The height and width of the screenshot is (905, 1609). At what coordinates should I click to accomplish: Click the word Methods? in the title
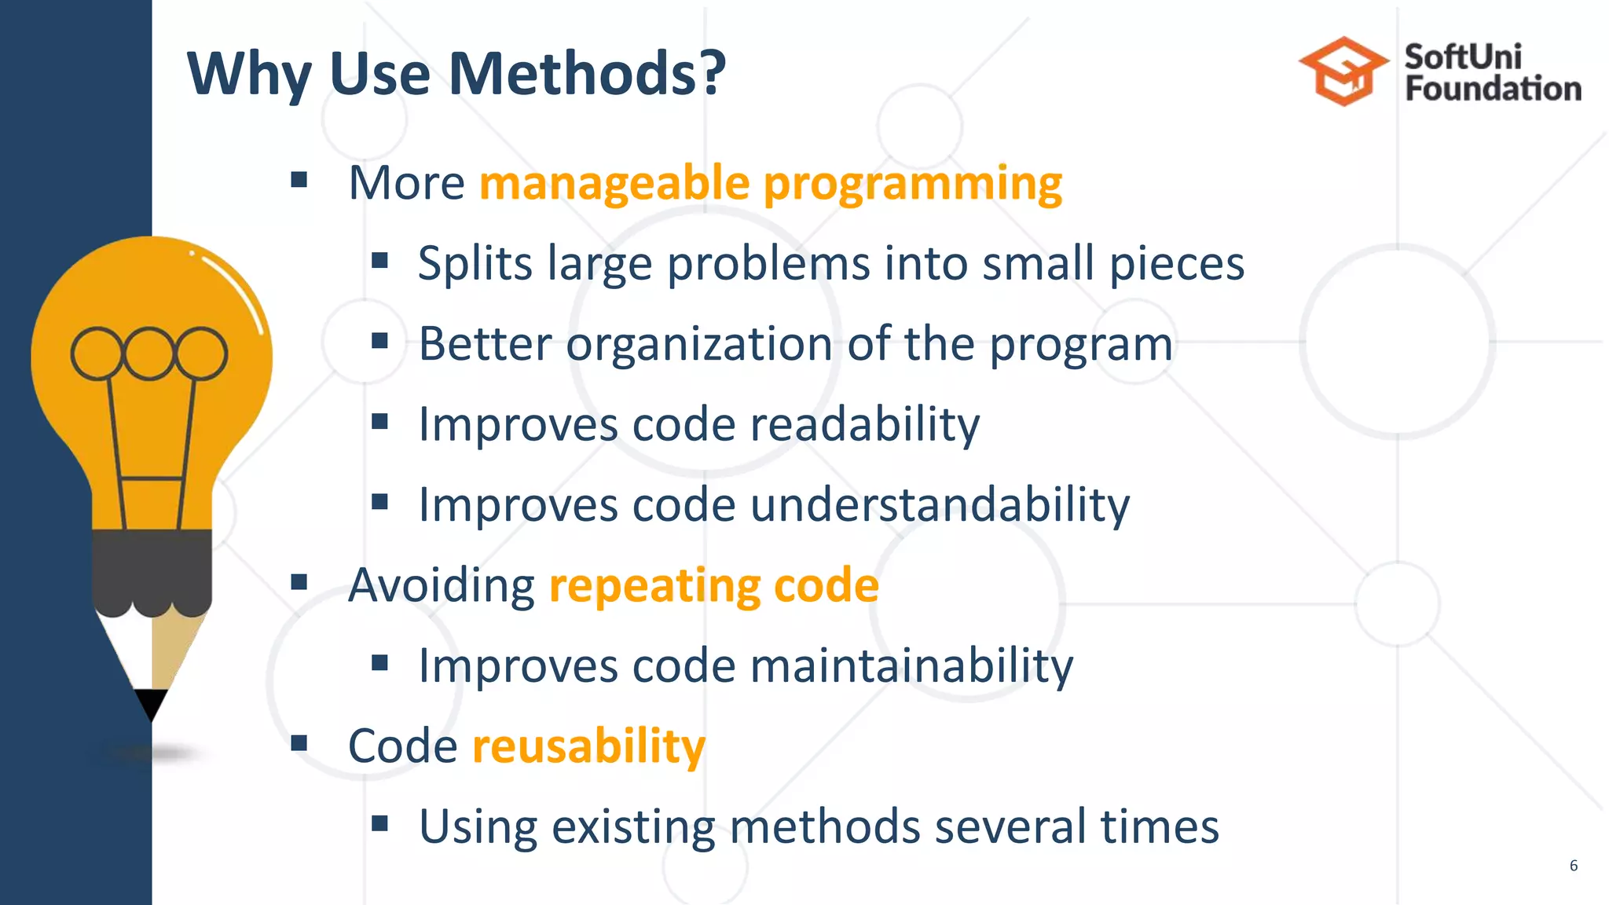[586, 74]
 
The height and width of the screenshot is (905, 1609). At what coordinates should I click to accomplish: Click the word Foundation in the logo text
[1493, 89]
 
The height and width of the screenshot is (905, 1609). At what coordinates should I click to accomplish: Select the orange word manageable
[614, 184]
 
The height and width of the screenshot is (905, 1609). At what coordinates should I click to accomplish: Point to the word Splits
[475, 263]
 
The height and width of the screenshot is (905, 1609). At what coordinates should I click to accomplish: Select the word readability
[864, 425]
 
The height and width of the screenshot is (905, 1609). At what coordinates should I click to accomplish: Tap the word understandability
[939, 505]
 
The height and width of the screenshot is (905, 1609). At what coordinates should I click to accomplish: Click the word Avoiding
[442, 586]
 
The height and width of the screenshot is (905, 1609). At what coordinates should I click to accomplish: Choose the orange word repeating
[654, 587]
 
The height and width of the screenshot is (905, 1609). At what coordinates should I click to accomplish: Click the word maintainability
[911, 666]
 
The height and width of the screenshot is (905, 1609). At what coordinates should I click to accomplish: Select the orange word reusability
[588, 746]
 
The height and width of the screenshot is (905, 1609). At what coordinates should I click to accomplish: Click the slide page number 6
[1573, 866]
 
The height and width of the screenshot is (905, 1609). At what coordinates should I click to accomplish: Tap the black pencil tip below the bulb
[152, 702]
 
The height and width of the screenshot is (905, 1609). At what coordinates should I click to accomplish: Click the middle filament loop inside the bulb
[148, 354]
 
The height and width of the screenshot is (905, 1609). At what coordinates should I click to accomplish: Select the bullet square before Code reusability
[299, 742]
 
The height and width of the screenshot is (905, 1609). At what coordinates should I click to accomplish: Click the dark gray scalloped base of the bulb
[152, 570]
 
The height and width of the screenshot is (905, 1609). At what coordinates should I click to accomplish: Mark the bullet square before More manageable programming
[299, 181]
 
